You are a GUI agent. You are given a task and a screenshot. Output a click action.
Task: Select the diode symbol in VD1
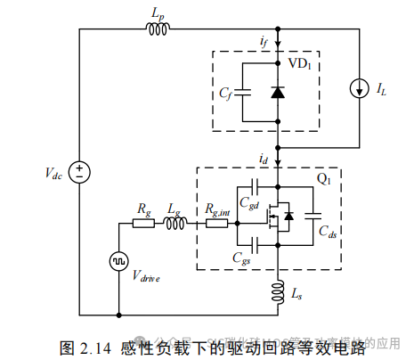coord(279,92)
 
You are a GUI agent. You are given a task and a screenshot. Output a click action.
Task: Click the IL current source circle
coord(357,90)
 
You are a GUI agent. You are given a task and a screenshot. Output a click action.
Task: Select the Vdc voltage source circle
coord(79,171)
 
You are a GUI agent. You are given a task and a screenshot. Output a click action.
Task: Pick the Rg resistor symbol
coord(143,224)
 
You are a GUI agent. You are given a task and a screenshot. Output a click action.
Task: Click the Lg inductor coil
coord(175,224)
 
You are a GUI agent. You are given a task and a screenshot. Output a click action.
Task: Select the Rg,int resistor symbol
coord(216,224)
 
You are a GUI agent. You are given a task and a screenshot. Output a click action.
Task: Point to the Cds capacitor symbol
coord(313,215)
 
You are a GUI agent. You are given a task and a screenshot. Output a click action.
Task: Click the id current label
coord(264,158)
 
